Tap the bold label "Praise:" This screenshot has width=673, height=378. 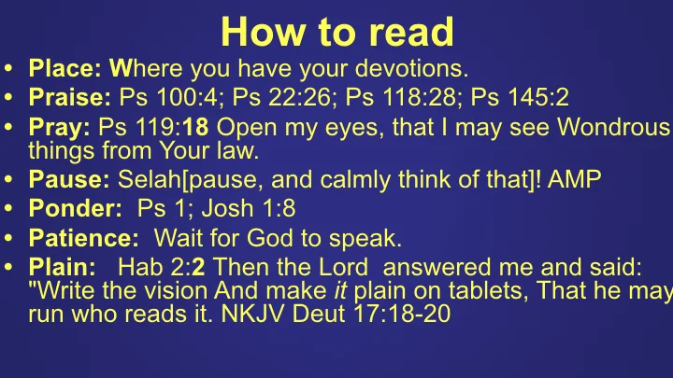click(71, 97)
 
